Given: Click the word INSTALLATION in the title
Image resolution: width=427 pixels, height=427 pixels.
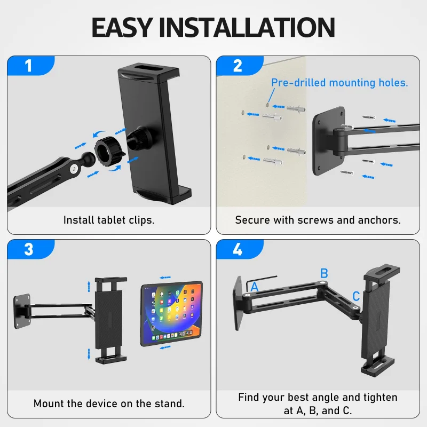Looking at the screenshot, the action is pyautogui.click(x=247, y=27).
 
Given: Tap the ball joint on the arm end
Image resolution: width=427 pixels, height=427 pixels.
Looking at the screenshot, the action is pyautogui.click(x=88, y=158).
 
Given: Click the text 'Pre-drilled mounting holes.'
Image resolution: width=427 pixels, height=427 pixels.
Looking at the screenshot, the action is pyautogui.click(x=339, y=83).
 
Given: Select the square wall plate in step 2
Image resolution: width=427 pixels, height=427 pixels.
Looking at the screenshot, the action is pyautogui.click(x=328, y=140).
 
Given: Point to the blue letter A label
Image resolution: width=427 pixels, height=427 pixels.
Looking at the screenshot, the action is pyautogui.click(x=255, y=287).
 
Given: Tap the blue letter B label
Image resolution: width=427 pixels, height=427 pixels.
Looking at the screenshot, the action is pyautogui.click(x=324, y=273).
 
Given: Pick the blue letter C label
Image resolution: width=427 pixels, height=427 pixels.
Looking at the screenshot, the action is pyautogui.click(x=356, y=296).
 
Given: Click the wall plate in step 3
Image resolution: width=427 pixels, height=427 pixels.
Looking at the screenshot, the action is pyautogui.click(x=22, y=312).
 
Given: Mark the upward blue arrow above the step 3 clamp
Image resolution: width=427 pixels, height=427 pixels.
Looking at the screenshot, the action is pyautogui.click(x=89, y=287).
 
